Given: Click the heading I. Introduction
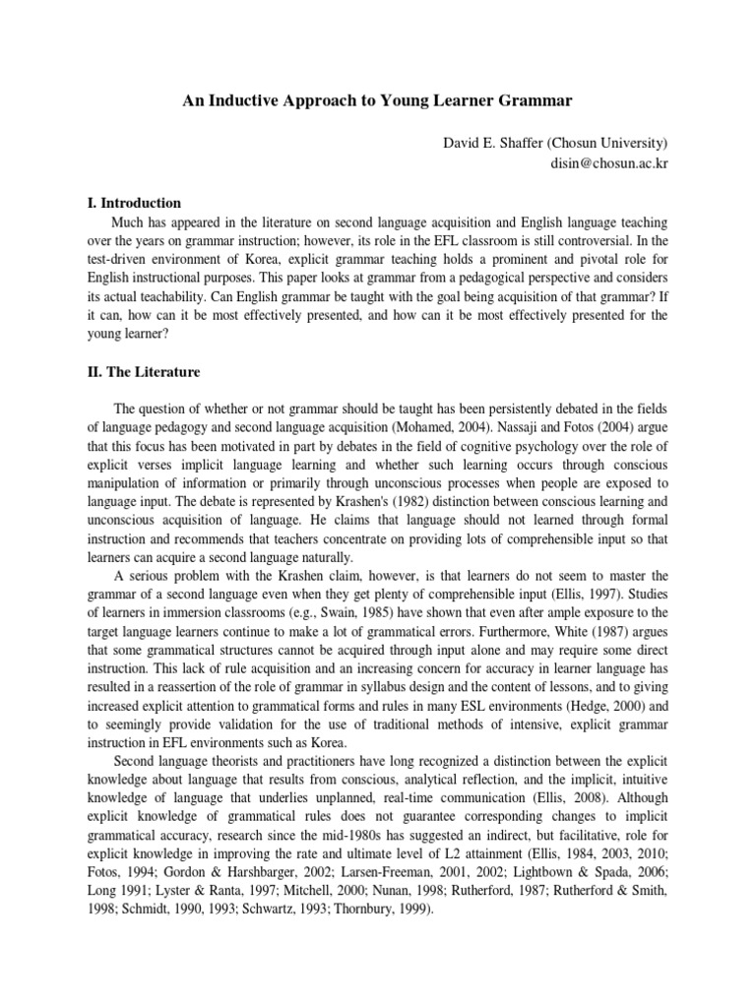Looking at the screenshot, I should (135, 203).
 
